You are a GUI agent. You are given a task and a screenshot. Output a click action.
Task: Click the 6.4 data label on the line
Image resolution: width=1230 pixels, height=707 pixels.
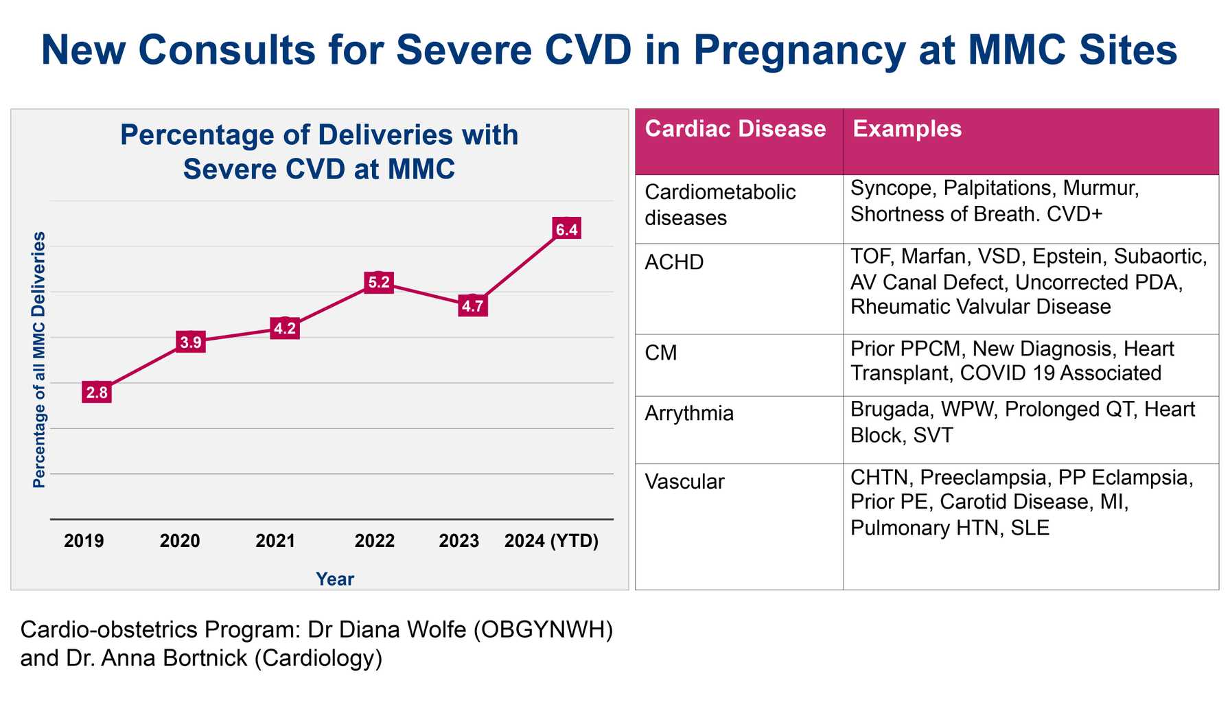click(x=567, y=229)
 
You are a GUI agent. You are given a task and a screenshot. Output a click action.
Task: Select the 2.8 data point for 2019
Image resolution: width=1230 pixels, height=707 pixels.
click(x=97, y=393)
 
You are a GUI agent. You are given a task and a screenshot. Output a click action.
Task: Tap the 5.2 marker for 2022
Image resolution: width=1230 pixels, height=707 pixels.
click(x=379, y=282)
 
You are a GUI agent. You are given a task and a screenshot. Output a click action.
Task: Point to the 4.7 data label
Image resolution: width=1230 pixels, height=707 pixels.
click(x=473, y=306)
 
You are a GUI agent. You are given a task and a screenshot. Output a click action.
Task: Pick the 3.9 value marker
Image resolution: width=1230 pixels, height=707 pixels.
click(x=191, y=342)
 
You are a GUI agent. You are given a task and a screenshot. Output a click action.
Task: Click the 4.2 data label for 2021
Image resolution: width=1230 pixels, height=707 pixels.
click(x=285, y=329)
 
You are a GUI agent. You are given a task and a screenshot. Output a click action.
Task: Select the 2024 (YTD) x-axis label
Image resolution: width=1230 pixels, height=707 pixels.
click(x=551, y=541)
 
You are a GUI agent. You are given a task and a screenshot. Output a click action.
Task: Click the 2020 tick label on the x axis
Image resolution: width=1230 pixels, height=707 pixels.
click(x=180, y=541)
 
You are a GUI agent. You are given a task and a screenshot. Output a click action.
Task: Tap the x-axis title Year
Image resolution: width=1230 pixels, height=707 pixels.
click(x=335, y=579)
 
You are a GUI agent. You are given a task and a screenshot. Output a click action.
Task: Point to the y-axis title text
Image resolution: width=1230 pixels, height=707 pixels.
click(x=40, y=360)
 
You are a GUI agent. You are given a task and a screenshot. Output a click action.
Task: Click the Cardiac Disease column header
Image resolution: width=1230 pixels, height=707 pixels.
click(x=735, y=129)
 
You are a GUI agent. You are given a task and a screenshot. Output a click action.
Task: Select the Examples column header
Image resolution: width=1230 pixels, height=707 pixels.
click(x=907, y=129)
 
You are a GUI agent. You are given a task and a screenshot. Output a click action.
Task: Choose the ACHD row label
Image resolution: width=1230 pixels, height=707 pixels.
click(x=674, y=262)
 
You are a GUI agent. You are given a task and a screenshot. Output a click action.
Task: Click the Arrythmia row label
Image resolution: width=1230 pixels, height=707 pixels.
click(x=689, y=413)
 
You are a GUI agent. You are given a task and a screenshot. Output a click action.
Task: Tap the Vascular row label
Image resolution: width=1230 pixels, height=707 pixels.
click(x=684, y=482)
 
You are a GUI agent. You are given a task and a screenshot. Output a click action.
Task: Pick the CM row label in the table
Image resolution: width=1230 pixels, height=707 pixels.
click(x=661, y=353)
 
